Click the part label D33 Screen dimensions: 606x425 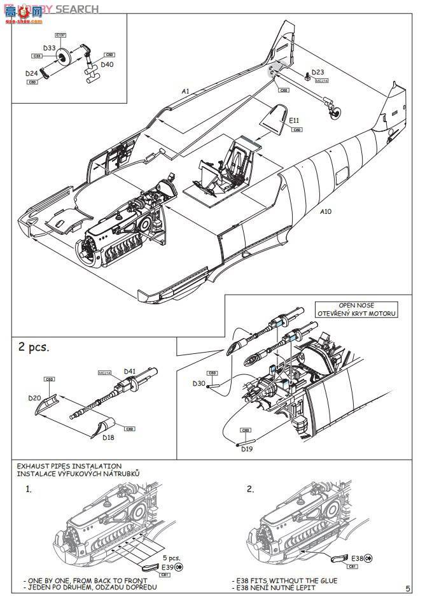point(50,48)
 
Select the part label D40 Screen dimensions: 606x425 point(107,64)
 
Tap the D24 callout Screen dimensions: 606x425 point(32,74)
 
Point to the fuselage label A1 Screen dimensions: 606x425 point(185,92)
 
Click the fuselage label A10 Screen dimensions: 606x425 point(325,211)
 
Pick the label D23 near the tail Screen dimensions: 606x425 point(317,72)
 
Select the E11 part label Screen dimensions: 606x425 point(294,120)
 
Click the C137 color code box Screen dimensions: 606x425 point(61,34)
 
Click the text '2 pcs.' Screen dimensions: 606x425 point(33,348)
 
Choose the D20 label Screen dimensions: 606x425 point(34,398)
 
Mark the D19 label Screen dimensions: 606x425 point(246,450)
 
